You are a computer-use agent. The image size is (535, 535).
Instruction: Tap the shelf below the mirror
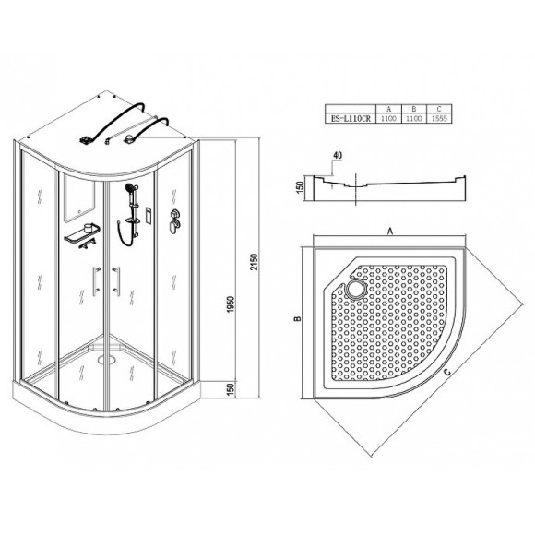(x=81, y=238)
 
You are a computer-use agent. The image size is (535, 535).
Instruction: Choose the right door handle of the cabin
(x=115, y=279)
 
